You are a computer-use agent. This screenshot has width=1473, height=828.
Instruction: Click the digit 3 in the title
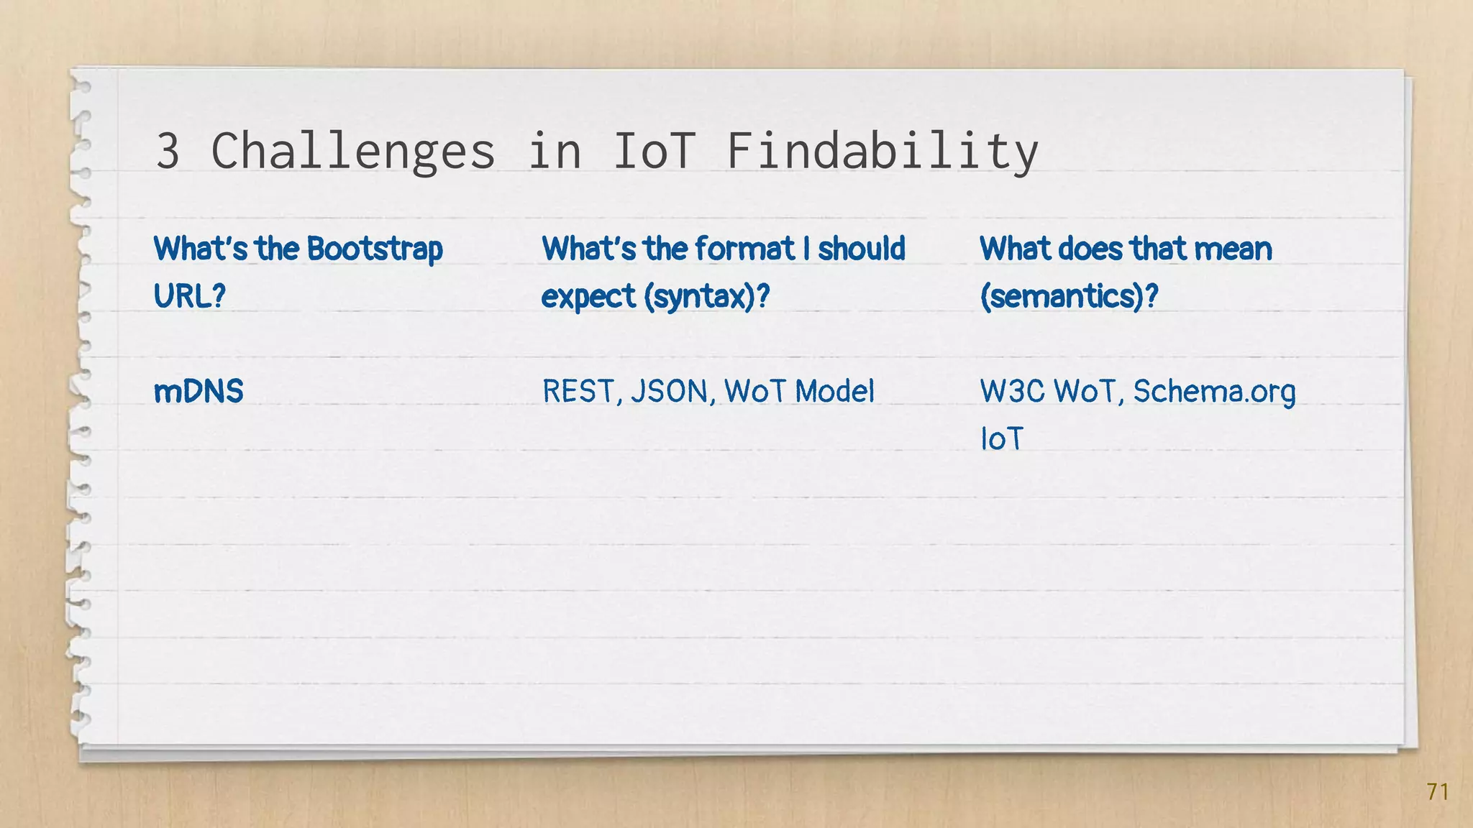[168, 151]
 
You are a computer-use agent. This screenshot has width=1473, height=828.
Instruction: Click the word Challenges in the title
[352, 151]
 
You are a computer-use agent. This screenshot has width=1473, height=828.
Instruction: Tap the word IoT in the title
[654, 151]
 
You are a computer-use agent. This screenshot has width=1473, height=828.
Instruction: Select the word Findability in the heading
[883, 151]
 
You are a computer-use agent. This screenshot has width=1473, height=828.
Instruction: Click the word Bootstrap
[375, 249]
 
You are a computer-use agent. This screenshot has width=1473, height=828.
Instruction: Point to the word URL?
[190, 295]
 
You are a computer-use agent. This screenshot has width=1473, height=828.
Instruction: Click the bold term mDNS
[199, 392]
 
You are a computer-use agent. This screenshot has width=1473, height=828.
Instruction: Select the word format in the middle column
[745, 249]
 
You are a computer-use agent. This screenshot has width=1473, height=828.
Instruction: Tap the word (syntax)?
[706, 296]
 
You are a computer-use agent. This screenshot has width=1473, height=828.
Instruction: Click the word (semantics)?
[1069, 296]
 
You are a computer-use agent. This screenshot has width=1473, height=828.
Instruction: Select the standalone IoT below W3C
[1001, 439]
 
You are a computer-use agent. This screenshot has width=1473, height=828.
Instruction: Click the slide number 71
[1437, 791]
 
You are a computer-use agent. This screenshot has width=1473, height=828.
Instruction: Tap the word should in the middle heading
[861, 249]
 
